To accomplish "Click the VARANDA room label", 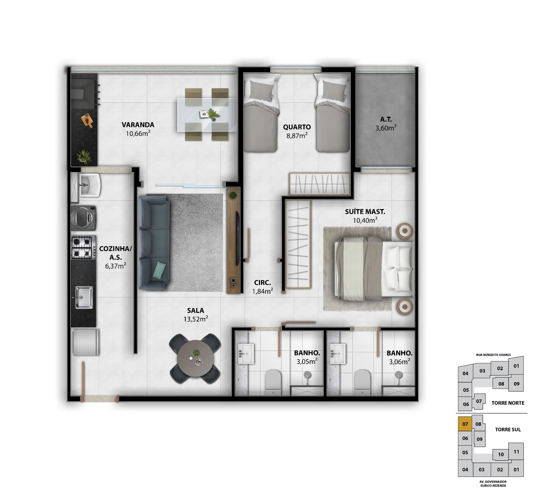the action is click(138, 125).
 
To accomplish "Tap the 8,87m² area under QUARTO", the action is click(297, 135).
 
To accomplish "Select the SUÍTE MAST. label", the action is click(365, 212).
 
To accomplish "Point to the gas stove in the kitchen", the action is click(83, 247).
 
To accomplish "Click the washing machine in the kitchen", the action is click(84, 218).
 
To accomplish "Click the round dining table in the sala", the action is click(196, 358).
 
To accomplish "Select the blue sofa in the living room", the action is click(154, 242).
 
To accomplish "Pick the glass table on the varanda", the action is click(207, 115).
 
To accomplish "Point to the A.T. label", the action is click(386, 119).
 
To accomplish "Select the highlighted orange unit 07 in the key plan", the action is click(465, 424).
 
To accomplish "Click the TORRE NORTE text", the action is click(508, 403).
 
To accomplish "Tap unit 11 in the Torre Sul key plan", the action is click(516, 452).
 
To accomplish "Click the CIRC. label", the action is click(263, 283).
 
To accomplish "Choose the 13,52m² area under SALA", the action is click(196, 319).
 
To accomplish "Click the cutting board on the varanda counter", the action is click(87, 120).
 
